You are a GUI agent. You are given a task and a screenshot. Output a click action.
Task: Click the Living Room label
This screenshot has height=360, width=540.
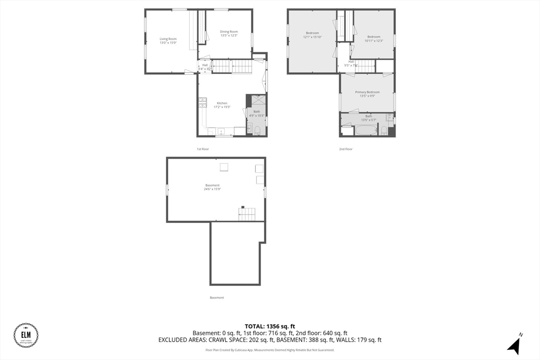168,39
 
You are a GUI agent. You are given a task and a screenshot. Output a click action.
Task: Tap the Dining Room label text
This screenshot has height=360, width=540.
229,32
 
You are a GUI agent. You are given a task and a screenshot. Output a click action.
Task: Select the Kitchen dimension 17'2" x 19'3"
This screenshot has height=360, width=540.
222,107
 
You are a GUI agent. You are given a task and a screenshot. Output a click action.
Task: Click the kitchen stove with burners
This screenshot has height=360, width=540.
202,102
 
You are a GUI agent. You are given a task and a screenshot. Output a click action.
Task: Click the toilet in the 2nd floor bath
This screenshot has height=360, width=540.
384,130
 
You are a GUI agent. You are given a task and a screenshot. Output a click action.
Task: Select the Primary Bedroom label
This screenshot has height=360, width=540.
367,92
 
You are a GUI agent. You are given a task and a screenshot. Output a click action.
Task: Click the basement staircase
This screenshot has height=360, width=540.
246,214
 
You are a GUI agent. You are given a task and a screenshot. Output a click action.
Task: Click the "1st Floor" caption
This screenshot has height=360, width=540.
203,149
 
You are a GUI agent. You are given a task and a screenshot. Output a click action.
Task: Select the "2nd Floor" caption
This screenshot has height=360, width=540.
345,149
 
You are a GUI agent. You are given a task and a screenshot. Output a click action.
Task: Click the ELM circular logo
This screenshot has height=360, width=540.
25,335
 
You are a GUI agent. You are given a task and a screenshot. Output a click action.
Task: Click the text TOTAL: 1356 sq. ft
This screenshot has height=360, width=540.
270,326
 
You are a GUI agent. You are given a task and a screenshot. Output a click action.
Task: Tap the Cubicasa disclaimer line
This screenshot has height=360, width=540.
270,349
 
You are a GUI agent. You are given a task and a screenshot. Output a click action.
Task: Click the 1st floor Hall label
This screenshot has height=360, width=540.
205,65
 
